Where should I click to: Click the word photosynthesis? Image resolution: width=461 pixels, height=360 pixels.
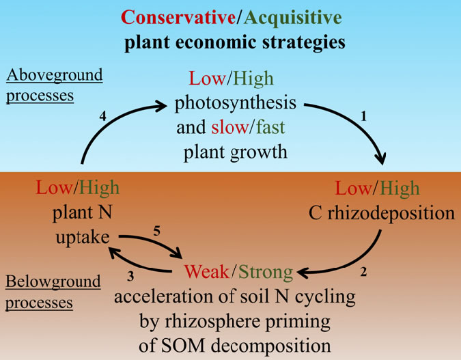point(236,105)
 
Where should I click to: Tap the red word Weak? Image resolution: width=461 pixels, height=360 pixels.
point(206,273)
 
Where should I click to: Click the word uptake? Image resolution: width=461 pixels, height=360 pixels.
point(82,237)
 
